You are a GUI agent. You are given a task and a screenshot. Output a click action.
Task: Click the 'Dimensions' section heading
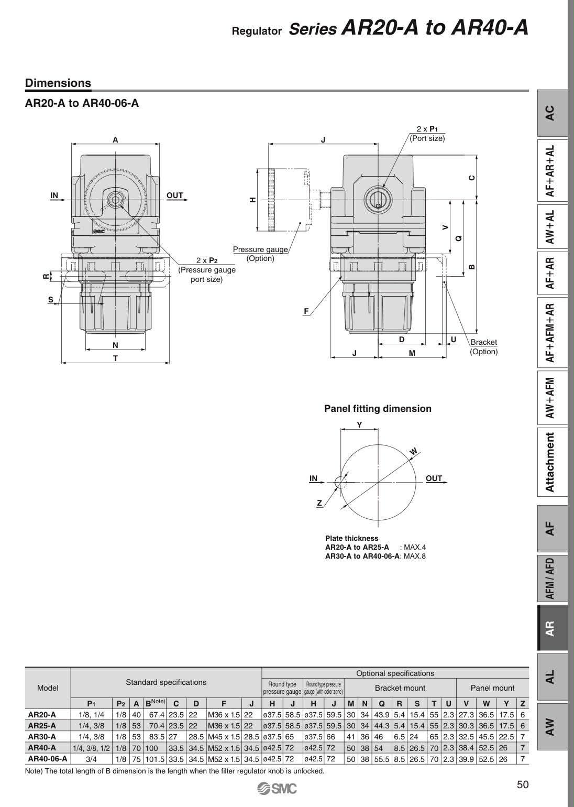tap(58, 83)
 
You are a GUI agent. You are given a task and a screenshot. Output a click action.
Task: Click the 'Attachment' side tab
tap(550, 462)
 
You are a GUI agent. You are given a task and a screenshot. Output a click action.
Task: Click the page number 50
tap(523, 784)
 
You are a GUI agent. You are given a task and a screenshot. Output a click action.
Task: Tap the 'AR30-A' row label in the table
tap(42, 736)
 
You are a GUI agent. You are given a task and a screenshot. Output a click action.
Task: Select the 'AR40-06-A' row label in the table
tap(48, 758)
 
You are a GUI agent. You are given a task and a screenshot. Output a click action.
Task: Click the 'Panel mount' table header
tap(492, 688)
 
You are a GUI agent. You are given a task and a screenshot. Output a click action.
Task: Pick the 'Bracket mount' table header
tap(400, 688)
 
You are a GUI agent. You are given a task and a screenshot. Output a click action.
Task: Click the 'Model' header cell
tap(48, 688)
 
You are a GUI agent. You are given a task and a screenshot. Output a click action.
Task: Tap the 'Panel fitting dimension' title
tap(378, 408)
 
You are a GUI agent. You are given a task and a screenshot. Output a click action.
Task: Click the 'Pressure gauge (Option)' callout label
tap(260, 254)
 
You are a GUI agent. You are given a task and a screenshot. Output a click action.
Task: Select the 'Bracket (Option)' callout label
tap(483, 346)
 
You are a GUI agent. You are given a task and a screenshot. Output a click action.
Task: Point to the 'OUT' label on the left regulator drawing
tap(175, 195)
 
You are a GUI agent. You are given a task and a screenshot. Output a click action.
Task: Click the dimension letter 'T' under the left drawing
tap(115, 358)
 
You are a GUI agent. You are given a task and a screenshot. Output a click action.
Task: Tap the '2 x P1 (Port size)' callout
tap(427, 134)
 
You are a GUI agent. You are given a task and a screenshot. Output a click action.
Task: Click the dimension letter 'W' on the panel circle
tap(413, 452)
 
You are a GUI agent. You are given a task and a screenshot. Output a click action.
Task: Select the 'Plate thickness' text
tap(351, 538)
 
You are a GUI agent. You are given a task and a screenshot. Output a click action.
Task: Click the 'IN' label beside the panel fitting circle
tap(313, 478)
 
